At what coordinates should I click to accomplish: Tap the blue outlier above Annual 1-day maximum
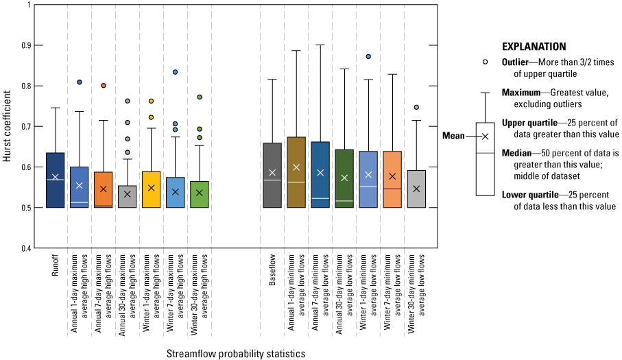80,82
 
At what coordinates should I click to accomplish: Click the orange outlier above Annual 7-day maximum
104,86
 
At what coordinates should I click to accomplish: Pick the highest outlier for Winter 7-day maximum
176,72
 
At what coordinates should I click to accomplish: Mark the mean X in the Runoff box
56,177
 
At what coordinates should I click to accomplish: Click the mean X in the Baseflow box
272,173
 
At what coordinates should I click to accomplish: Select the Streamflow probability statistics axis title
236,354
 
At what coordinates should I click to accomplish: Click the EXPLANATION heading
534,47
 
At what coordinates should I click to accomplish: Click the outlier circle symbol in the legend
486,62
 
